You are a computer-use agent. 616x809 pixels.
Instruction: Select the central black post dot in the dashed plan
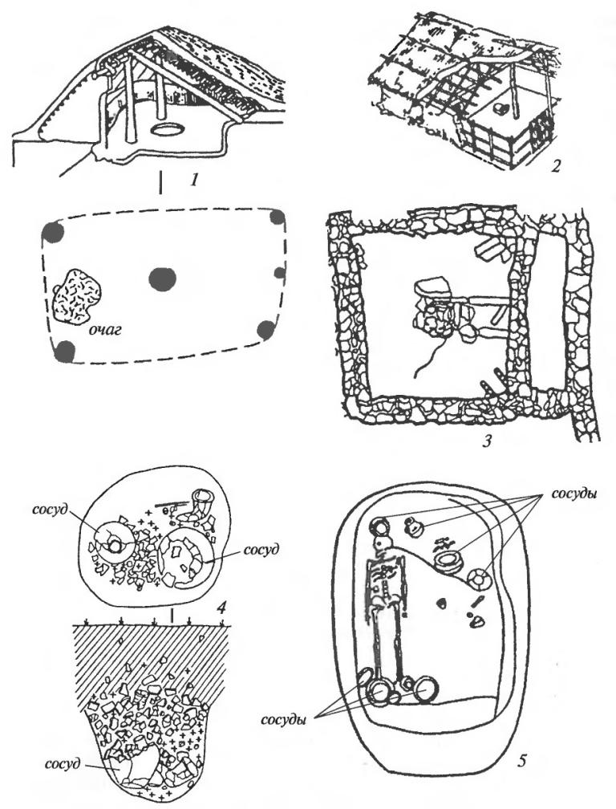tap(162, 278)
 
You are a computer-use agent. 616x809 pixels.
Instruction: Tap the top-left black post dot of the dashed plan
tap(54, 233)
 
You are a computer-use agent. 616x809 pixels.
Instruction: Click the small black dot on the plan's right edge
tap(279, 273)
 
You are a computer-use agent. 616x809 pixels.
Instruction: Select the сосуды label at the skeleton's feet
tap(294, 714)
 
